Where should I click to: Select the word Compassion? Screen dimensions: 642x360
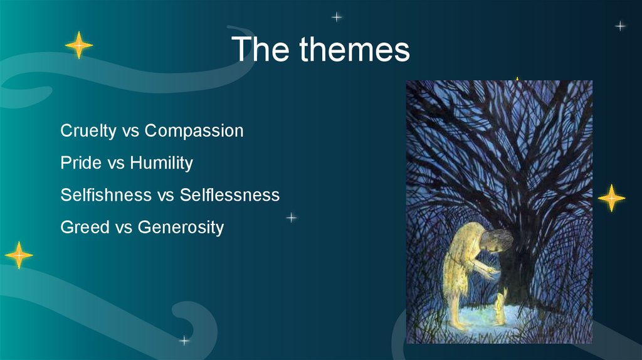click(194, 131)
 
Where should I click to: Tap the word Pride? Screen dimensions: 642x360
click(81, 162)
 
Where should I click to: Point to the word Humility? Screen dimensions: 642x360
click(161, 163)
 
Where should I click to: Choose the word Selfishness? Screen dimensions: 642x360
click(106, 194)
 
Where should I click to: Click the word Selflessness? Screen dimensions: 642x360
click(229, 194)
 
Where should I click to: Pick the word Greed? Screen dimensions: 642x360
click(85, 227)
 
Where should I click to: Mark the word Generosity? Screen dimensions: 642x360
click(181, 227)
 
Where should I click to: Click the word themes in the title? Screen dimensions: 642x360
click(355, 49)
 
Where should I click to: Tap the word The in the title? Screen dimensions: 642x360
click(260, 49)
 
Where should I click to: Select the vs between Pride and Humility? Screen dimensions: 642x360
click(116, 164)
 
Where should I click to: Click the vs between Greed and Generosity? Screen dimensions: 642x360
click(124, 228)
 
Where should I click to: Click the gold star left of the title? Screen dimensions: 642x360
click(79, 45)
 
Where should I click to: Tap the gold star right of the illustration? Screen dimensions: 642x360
click(611, 198)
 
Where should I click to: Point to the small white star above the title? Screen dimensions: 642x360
click(337, 17)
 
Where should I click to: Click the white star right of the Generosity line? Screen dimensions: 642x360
click(291, 218)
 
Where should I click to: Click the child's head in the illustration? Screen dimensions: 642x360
click(497, 240)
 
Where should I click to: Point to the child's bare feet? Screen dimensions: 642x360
click(461, 326)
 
